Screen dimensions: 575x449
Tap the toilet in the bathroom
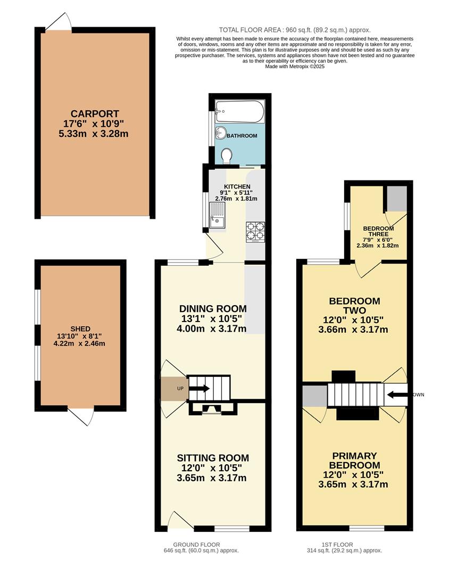tap(226, 156)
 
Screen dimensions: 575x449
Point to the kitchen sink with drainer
tap(218, 217)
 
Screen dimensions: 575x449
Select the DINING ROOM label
tap(213, 309)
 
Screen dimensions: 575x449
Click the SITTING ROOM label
tap(213, 458)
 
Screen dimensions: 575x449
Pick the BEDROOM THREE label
tap(376, 231)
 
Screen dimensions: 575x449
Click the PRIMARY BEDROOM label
tap(354, 461)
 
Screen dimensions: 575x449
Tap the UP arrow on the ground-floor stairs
tap(198, 389)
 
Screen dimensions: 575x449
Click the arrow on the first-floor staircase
tap(397, 395)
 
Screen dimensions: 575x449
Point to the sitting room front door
tap(180, 521)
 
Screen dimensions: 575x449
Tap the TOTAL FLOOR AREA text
tap(295, 30)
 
